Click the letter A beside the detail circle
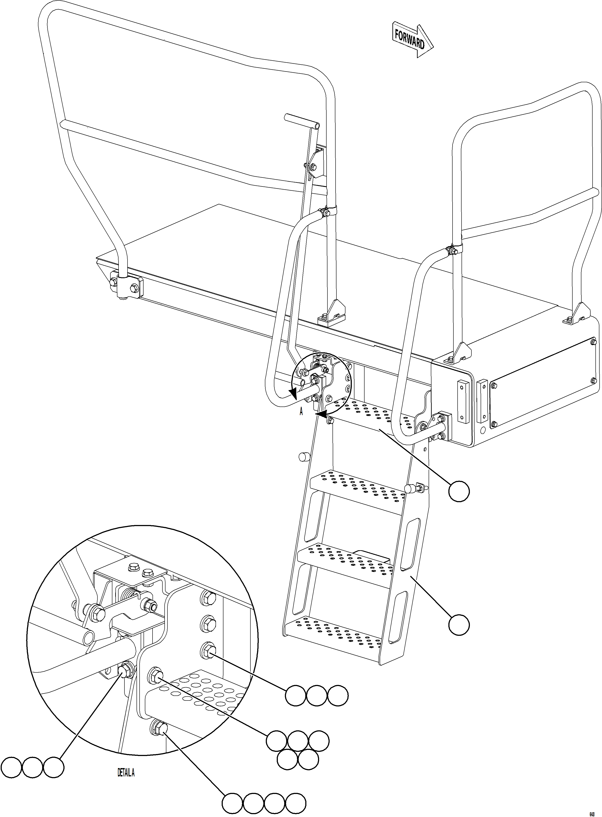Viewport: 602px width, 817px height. [x=301, y=412]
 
